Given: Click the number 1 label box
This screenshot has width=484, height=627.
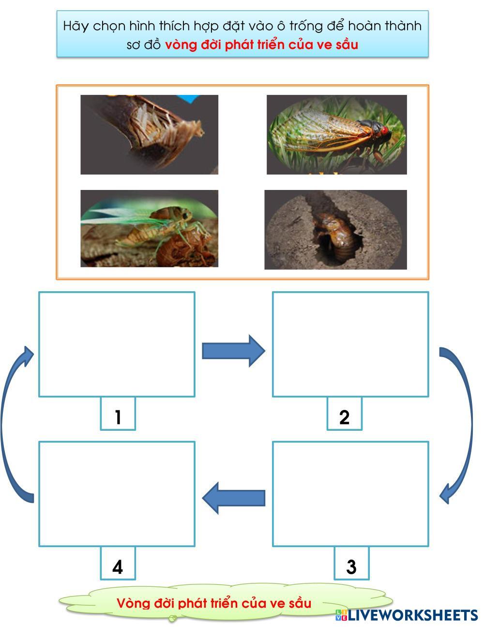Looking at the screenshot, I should [118, 414].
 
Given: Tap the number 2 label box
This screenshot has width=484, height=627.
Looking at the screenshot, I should [344, 414].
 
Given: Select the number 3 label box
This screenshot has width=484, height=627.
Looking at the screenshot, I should [351, 564].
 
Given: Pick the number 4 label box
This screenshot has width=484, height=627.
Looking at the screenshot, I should [118, 564].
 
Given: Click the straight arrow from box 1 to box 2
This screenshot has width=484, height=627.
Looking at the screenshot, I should [233, 350].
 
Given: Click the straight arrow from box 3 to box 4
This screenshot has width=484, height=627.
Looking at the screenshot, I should [234, 498].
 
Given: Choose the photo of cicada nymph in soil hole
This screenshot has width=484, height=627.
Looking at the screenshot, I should [335, 229].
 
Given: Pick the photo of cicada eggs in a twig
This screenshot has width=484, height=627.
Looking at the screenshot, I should [149, 134].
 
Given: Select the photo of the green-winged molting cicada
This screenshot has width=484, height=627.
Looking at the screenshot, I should [149, 228].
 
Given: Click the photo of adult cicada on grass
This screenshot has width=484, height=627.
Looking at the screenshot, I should [336, 134].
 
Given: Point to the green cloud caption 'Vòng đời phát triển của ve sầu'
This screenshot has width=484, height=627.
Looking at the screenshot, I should [214, 603].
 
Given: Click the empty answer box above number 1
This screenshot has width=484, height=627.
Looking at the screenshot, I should [117, 344].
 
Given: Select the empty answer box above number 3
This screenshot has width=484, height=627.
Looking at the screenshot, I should [350, 494].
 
